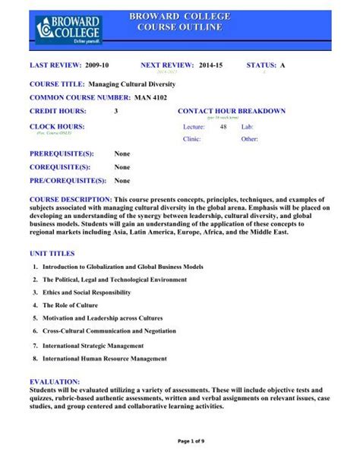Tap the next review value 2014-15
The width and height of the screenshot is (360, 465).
coord(216,67)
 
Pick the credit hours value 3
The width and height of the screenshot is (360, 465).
coord(116,111)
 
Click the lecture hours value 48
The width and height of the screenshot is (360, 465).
coord(223,128)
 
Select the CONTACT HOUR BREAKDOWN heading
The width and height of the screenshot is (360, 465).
coord(232,111)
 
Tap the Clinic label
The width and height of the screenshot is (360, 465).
coord(192,140)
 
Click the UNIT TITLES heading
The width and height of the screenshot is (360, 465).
coord(52,251)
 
